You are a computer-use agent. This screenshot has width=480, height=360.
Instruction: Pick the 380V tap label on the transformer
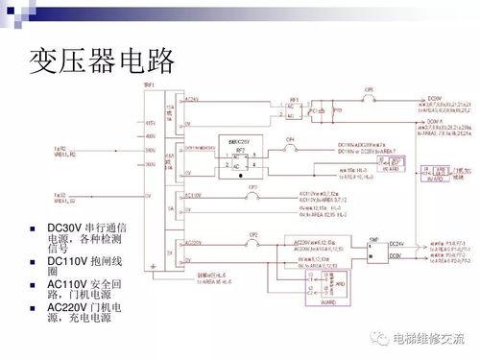(x=150, y=150)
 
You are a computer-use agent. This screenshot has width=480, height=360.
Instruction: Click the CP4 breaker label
(x=291, y=138)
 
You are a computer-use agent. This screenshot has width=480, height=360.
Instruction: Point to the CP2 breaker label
(x=253, y=234)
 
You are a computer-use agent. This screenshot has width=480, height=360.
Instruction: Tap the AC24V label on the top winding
(x=190, y=99)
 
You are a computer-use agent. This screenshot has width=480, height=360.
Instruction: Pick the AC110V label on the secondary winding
(x=192, y=194)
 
